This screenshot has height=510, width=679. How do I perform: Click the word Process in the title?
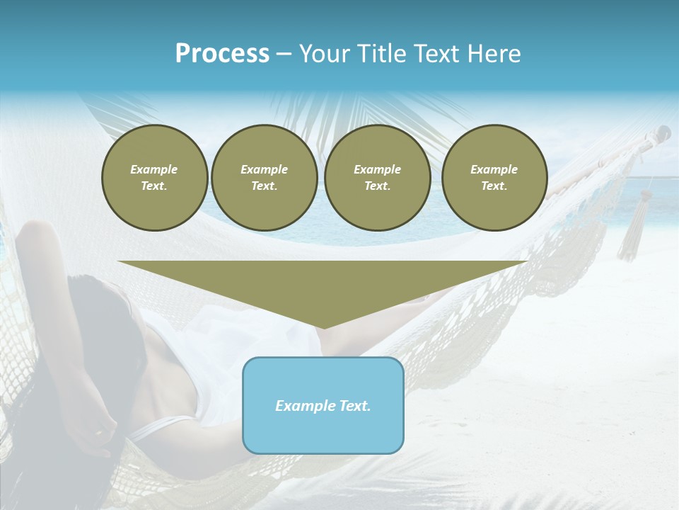point(222,54)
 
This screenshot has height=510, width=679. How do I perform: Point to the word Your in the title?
point(325,54)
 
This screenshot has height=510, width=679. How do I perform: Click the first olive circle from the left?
point(154,177)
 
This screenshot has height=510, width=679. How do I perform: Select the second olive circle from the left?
point(265,177)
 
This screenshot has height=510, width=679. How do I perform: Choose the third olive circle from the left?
point(378,177)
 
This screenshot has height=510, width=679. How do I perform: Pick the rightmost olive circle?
point(494,177)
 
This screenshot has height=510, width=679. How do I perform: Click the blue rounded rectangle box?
point(323,405)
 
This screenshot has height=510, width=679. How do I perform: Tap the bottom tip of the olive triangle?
point(323,328)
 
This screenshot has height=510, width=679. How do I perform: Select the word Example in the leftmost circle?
point(154,169)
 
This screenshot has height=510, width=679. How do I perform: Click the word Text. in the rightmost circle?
point(494,186)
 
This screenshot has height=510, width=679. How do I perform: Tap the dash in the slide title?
point(284,54)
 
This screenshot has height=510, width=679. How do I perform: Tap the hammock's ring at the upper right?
point(663,132)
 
